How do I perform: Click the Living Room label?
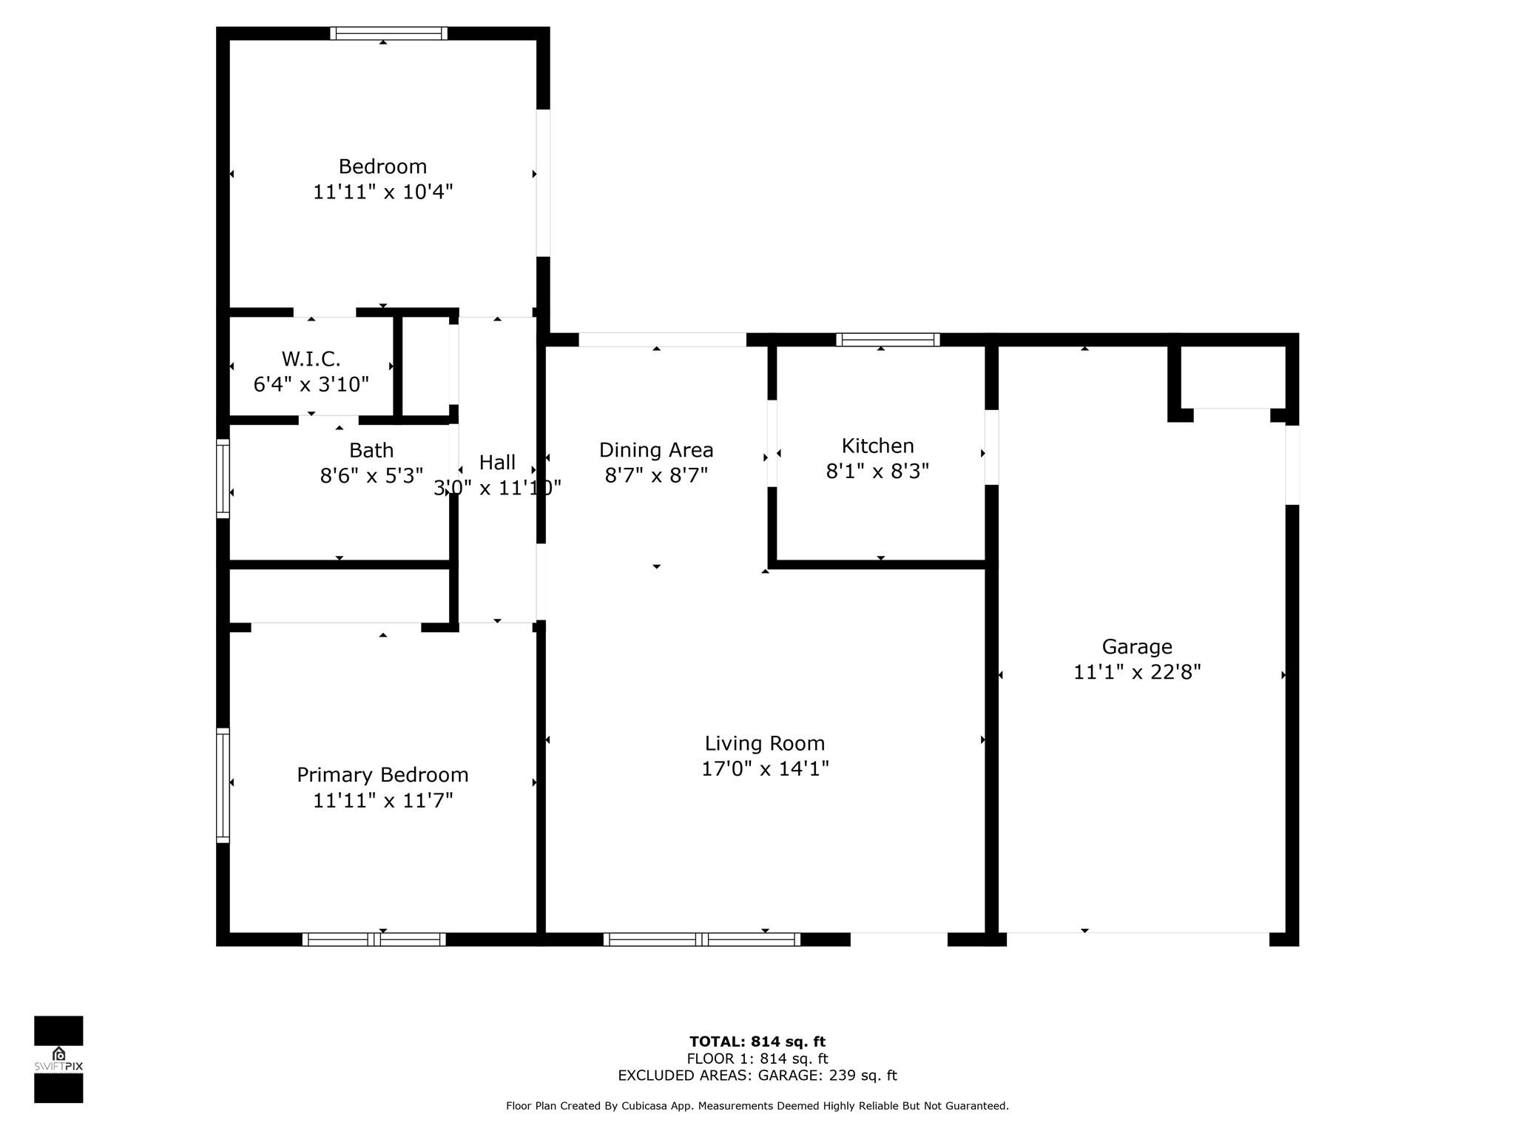(765, 743)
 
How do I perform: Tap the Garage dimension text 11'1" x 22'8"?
(1137, 672)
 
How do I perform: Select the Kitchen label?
(878, 446)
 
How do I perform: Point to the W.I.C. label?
(311, 359)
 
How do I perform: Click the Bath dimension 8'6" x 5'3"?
(371, 475)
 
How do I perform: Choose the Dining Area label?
(656, 450)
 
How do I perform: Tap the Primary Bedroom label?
(382, 775)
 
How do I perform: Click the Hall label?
(497, 463)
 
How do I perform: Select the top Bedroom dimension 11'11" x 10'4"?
(382, 192)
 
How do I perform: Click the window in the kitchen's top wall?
(888, 340)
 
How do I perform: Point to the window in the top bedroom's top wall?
(388, 33)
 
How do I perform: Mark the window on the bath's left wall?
(223, 478)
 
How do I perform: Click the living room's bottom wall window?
(701, 939)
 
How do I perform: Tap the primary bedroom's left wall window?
(223, 785)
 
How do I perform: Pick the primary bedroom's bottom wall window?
(374, 939)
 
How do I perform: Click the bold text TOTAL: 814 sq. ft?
(757, 1042)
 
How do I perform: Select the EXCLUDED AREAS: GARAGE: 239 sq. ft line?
(757, 1076)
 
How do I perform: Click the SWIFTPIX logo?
(58, 1059)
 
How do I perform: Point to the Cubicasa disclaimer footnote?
(757, 1106)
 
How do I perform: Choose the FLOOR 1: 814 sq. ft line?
(757, 1059)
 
